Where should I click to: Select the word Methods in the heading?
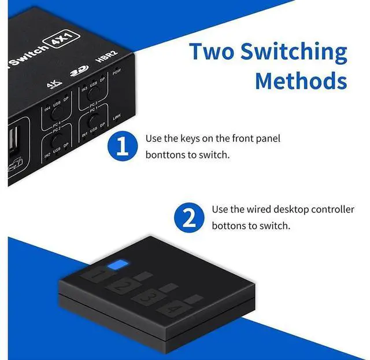pos(301,80)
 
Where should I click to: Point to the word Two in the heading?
pos(212,52)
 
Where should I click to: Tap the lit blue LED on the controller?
pos(120,265)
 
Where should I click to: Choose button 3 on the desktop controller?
pos(147,297)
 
